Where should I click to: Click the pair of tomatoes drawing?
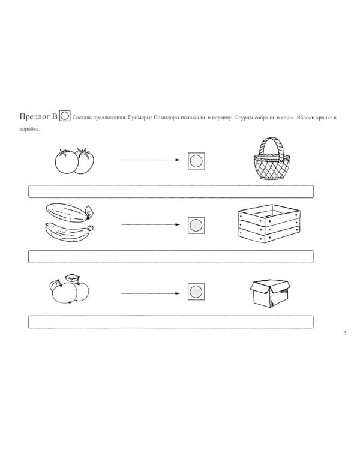(x=75, y=161)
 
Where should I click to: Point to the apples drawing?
(x=70, y=289)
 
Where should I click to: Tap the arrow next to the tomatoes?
(x=151, y=160)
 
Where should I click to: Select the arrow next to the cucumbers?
(x=151, y=224)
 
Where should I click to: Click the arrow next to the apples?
(x=151, y=293)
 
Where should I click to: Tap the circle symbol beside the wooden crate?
(x=196, y=224)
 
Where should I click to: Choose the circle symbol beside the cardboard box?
(x=196, y=293)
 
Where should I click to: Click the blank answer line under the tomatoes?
(x=171, y=191)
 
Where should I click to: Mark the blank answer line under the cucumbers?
(x=171, y=257)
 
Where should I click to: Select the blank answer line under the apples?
(x=171, y=322)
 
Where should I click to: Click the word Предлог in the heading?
(x=34, y=116)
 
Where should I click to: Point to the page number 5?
(x=344, y=333)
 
